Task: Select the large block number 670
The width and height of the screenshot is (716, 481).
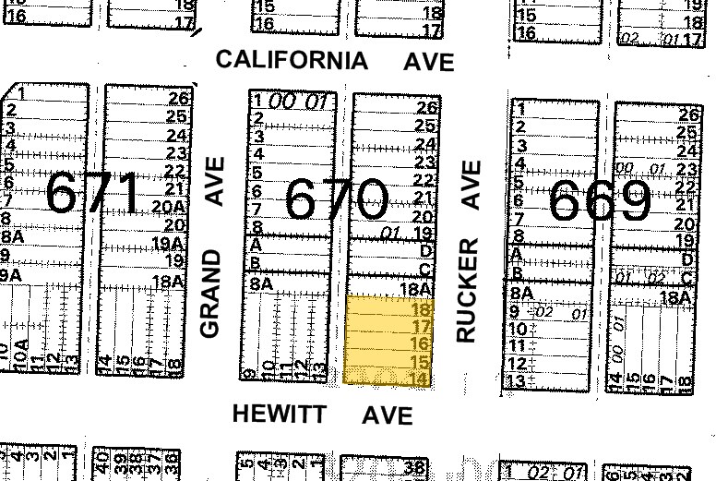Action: [x=336, y=199]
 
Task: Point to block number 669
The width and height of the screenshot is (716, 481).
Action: [x=601, y=200]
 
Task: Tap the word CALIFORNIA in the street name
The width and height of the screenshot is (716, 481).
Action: [x=292, y=61]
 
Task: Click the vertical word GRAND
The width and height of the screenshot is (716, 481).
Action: [x=212, y=293]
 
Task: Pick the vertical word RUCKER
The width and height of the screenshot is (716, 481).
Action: [x=469, y=291]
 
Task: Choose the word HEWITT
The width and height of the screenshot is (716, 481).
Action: [x=279, y=414]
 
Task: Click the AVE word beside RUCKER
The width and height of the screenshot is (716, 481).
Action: [x=471, y=185]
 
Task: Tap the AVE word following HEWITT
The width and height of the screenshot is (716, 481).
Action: [x=387, y=415]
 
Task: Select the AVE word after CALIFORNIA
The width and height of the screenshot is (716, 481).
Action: [x=429, y=62]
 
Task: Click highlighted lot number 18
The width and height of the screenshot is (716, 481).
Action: [x=422, y=310]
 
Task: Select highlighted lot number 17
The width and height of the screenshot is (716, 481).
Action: [x=422, y=327]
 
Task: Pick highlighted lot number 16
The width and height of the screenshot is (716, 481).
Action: [x=422, y=344]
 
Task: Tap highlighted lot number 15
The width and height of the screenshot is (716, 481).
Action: [x=421, y=362]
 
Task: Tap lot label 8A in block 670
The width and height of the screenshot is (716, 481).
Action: [x=261, y=284]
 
